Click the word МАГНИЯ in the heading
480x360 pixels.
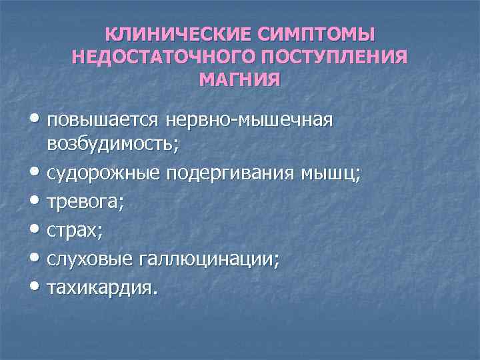[x=240, y=81]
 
